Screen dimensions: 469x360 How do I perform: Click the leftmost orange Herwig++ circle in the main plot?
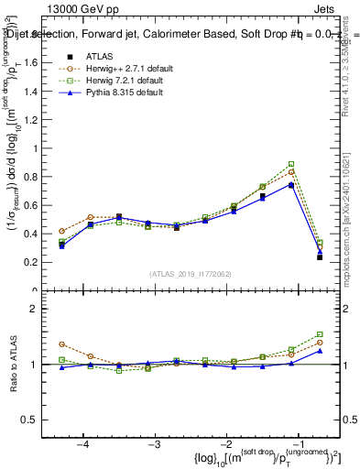click(62, 232)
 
